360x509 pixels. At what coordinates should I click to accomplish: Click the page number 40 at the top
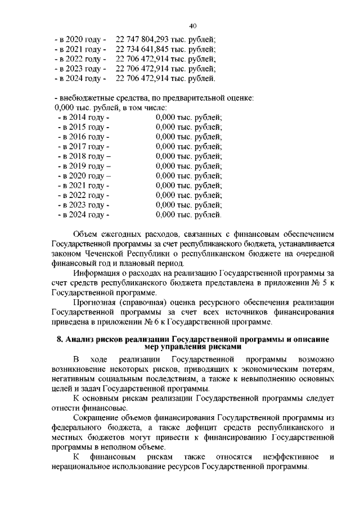pos(192,26)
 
